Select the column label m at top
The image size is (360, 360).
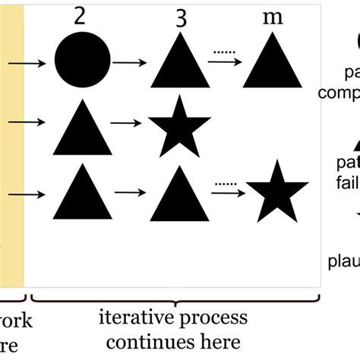tap(271, 18)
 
